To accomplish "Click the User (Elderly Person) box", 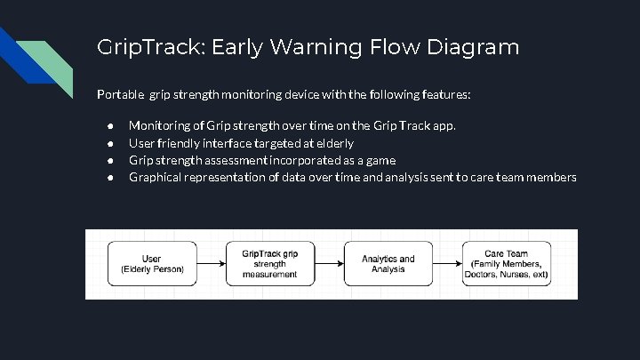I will coord(152,264).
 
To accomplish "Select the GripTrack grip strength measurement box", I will coord(269,264).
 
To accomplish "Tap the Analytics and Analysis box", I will coord(388,264).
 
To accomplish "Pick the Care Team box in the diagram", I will coord(506,264).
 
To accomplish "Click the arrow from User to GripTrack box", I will coord(211,264).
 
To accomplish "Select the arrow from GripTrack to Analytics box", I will coord(328,264).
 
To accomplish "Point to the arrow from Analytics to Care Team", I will coord(446,264).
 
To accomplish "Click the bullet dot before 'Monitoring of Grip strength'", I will coord(108,126).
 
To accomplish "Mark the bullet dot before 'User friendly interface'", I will coord(108,143).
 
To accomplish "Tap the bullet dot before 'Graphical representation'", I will coord(108,178).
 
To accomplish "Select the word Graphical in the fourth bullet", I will coord(155,178).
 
